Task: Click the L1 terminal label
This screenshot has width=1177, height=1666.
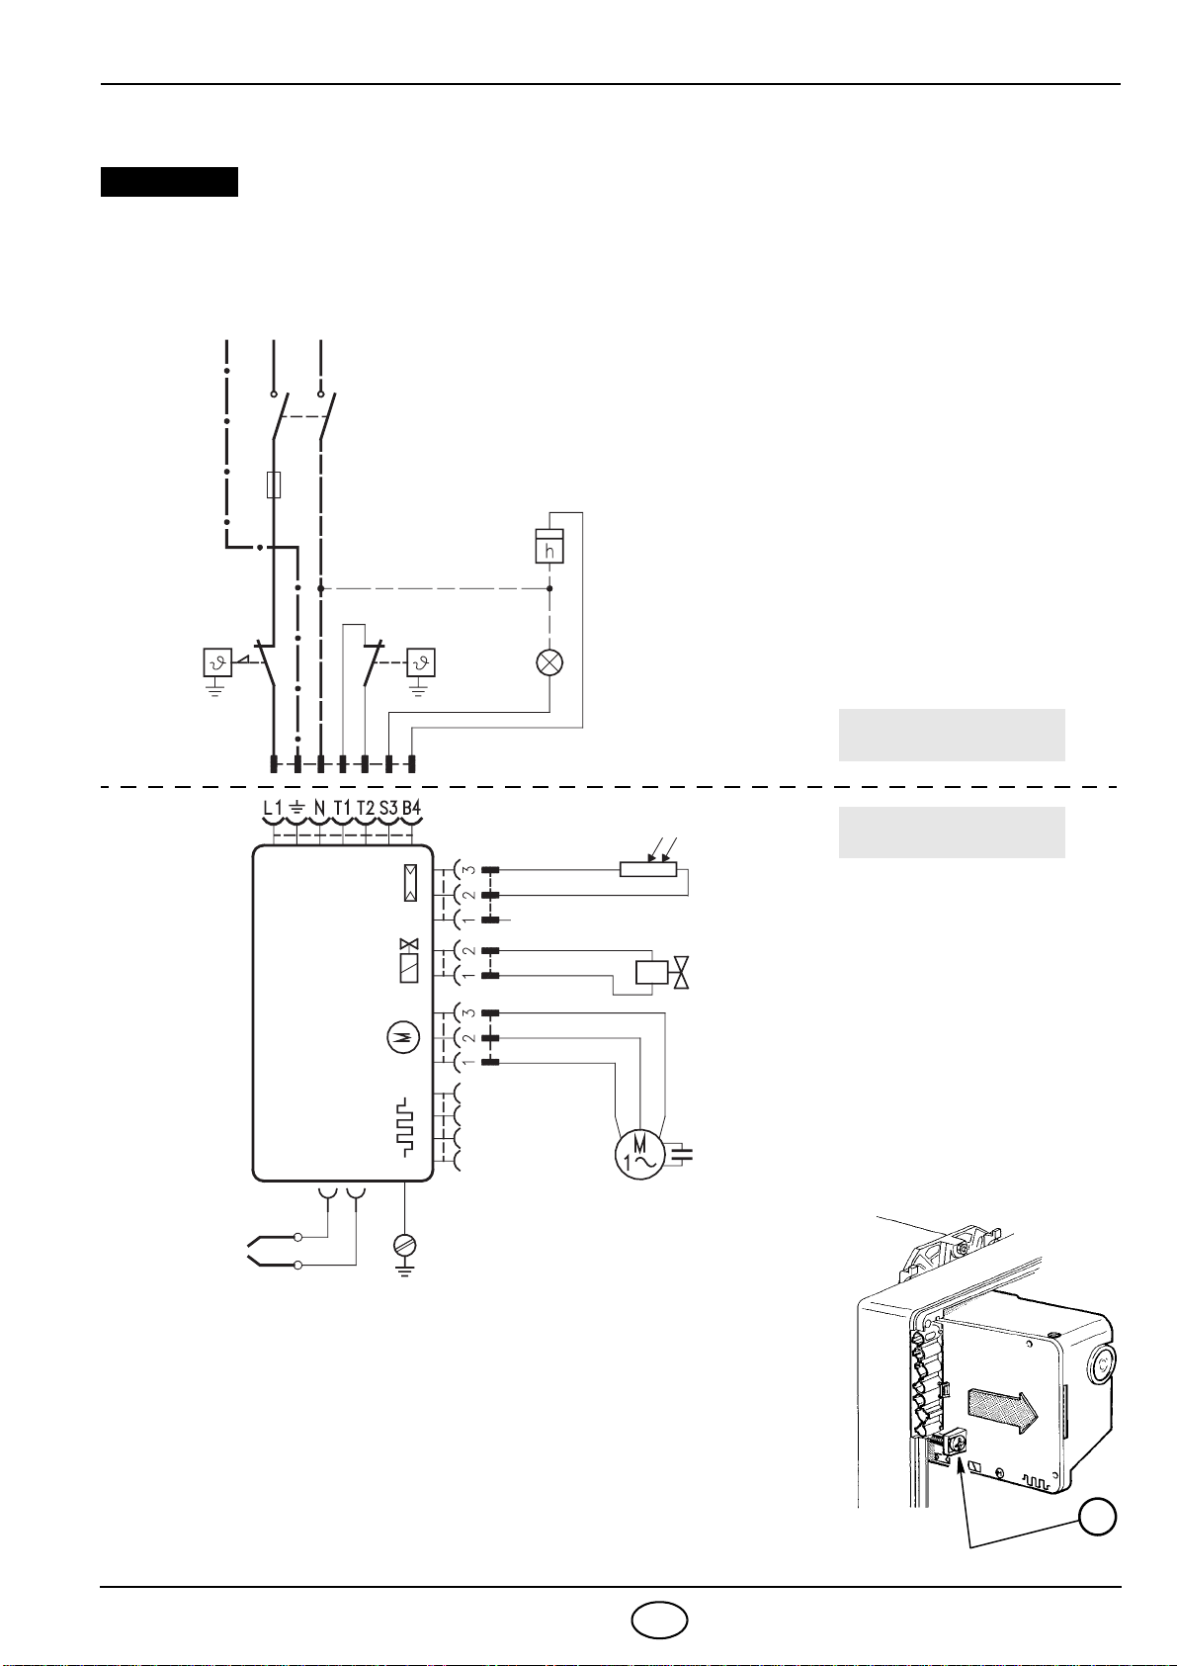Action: pyautogui.click(x=273, y=808)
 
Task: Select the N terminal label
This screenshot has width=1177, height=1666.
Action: pyautogui.click(x=319, y=808)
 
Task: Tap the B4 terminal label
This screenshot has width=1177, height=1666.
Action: pyautogui.click(x=411, y=808)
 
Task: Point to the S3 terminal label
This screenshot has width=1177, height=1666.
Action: pyautogui.click(x=388, y=808)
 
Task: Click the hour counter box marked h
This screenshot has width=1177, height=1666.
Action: pyautogui.click(x=549, y=547)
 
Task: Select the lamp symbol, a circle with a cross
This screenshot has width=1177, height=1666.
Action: pyautogui.click(x=549, y=662)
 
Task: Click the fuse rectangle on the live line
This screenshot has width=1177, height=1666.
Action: pyautogui.click(x=274, y=484)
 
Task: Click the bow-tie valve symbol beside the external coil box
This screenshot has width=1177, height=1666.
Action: pyautogui.click(x=681, y=973)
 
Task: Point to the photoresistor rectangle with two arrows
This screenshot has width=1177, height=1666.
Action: pyautogui.click(x=648, y=868)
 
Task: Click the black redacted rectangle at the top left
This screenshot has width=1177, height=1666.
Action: pyautogui.click(x=169, y=182)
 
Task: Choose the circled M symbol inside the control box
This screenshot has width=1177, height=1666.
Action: pyautogui.click(x=401, y=1037)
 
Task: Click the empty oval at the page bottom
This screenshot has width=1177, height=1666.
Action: pyautogui.click(x=660, y=1621)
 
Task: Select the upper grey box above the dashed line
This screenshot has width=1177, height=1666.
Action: pyautogui.click(x=951, y=735)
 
